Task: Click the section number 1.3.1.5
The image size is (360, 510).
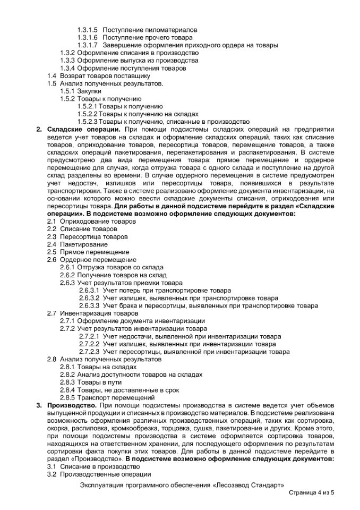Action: tap(88, 30)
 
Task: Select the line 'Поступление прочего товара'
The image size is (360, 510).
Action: tap(147, 38)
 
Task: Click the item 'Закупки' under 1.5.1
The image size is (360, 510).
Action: tap(89, 91)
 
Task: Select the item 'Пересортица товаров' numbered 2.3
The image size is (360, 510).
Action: tap(93, 236)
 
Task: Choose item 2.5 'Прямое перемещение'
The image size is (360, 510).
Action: tap(94, 252)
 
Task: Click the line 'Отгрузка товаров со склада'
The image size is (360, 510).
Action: tap(116, 267)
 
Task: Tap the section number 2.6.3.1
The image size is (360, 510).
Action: tap(89, 291)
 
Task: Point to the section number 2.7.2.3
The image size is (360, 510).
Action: tap(89, 352)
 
